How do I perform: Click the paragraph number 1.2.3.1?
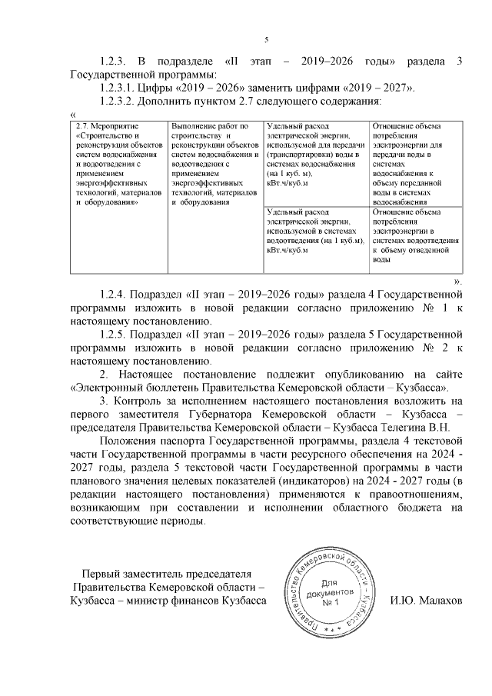119,88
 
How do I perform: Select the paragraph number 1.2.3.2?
119,101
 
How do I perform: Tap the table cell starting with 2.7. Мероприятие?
116,164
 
